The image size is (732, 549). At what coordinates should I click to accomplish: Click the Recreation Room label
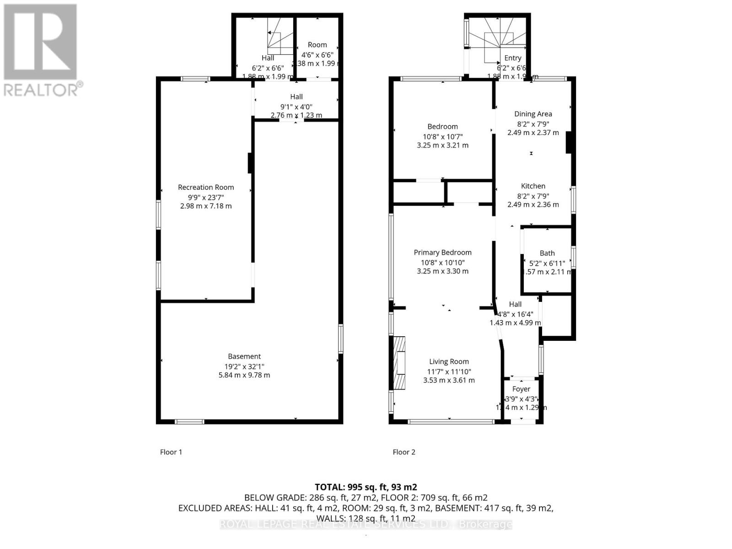[x=206, y=187]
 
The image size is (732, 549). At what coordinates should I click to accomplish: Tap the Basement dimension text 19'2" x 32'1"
[x=244, y=366]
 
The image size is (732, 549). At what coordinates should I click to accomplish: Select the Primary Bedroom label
[x=442, y=253]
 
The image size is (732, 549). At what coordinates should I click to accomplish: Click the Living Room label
[x=449, y=361]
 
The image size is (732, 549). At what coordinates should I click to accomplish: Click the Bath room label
[x=547, y=253]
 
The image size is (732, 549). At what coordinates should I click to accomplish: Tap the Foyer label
[x=521, y=389]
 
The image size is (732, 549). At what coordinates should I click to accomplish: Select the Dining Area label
[x=533, y=114]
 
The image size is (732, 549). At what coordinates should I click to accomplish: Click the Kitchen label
[x=533, y=186]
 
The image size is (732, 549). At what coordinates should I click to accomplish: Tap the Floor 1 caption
[x=171, y=452]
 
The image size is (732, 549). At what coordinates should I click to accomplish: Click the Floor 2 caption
[x=404, y=452]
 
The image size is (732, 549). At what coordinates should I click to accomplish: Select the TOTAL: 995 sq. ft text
[x=366, y=487]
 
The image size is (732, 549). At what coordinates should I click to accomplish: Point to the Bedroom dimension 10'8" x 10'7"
[x=442, y=136]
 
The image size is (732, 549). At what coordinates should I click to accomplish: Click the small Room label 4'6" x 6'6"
[x=317, y=45]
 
